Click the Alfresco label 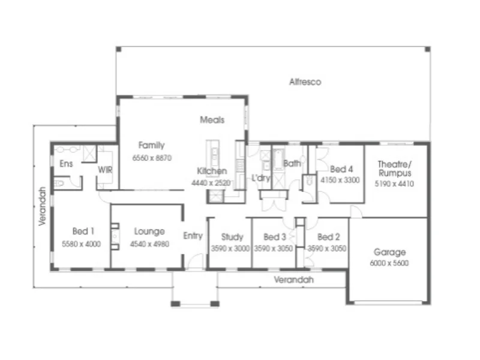tap(305, 82)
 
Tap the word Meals tap(212, 120)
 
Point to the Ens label tap(66, 164)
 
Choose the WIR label tap(106, 170)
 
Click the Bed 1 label tap(83, 232)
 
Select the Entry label tap(193, 236)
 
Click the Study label tap(231, 236)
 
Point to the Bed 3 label tap(274, 236)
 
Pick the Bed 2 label tap(328, 236)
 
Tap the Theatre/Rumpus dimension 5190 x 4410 tap(394, 184)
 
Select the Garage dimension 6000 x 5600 tap(389, 263)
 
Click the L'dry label tap(261, 178)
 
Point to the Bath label tap(292, 163)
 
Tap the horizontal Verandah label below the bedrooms tap(293, 280)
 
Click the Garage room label tap(389, 252)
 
